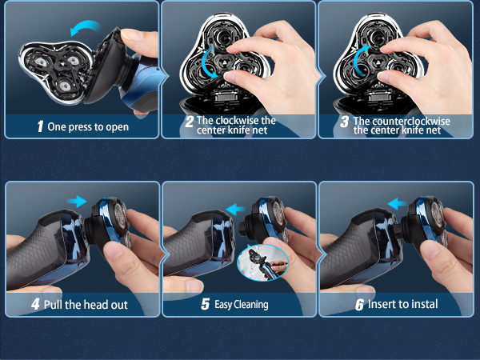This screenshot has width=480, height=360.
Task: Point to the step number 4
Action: tap(35, 305)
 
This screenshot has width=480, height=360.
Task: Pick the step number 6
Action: tap(359, 305)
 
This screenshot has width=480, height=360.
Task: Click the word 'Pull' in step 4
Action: tap(56, 305)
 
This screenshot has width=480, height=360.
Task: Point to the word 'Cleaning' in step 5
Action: tap(250, 305)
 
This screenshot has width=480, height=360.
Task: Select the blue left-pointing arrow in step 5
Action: tap(235, 209)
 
